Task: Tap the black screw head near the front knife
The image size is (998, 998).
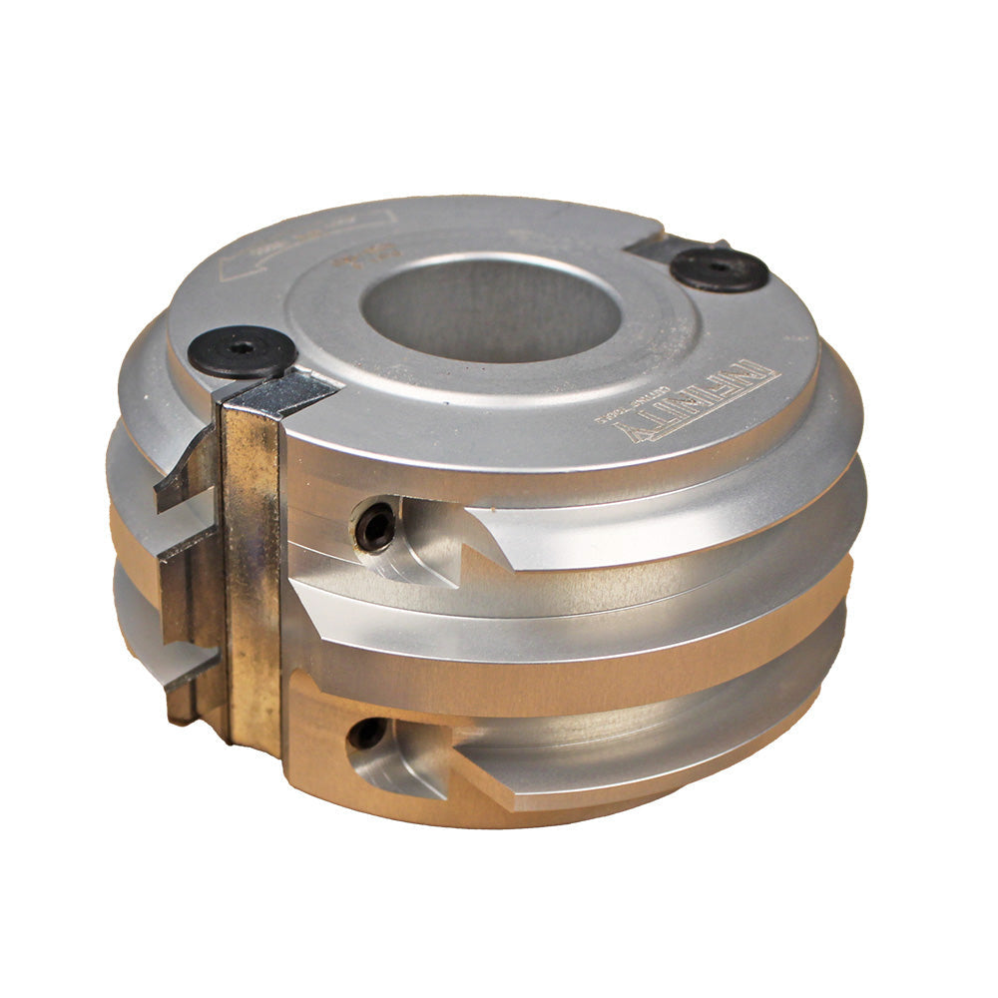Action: [x=243, y=351]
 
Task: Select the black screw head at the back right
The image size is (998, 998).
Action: [x=719, y=268]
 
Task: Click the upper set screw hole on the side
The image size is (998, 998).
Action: [x=375, y=526]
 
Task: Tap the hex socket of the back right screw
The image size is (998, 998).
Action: [x=719, y=266]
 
